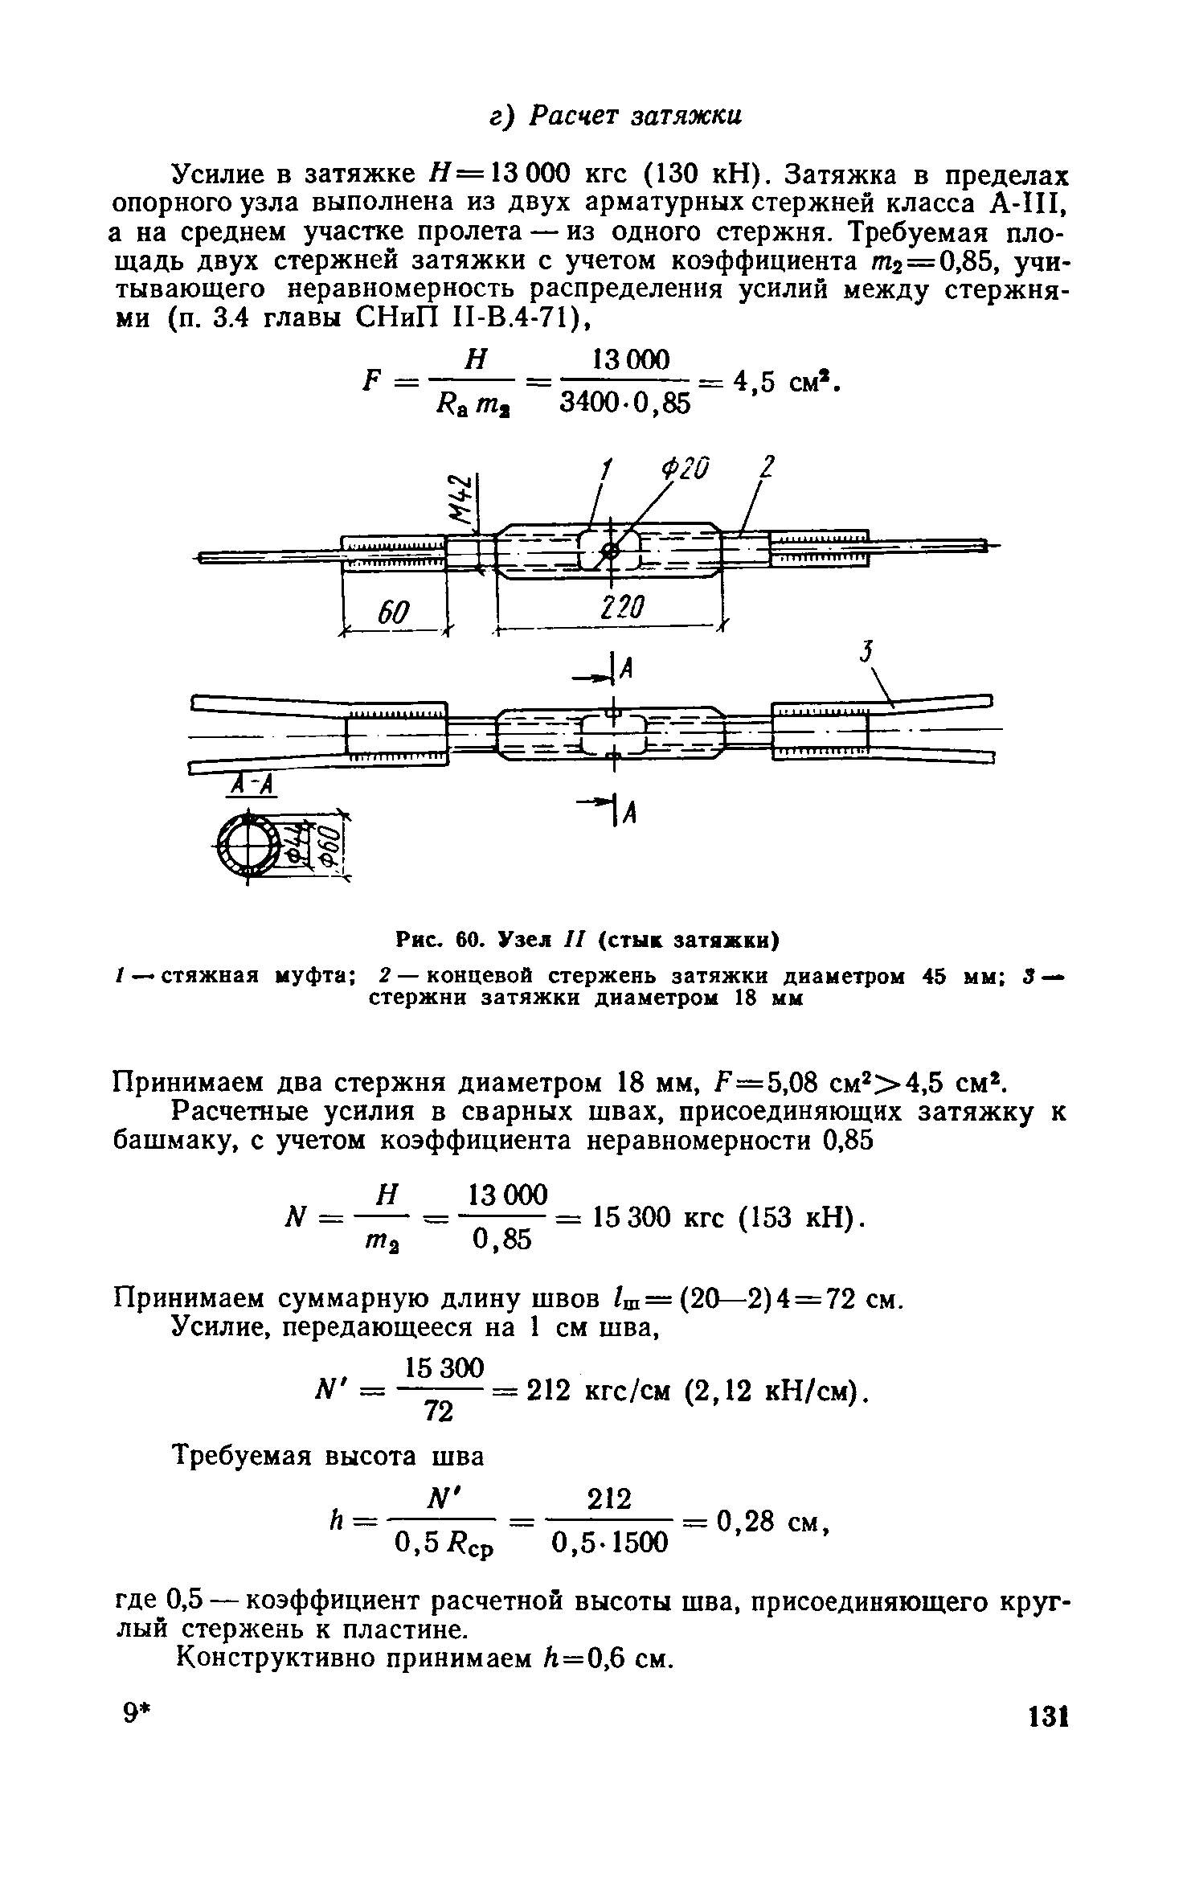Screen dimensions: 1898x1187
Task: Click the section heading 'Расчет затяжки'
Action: (x=638, y=116)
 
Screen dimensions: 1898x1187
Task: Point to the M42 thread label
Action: (x=459, y=498)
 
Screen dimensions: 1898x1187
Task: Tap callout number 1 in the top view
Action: (x=608, y=468)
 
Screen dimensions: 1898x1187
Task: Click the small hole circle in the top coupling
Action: (x=610, y=551)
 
